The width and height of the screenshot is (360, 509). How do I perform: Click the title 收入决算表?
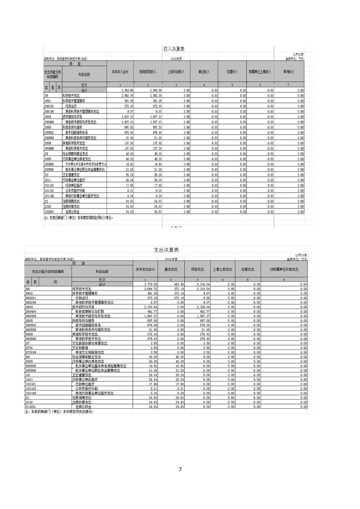point(174,49)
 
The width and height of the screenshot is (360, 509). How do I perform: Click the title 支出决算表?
point(166,250)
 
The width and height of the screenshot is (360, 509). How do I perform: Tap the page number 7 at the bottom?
point(180,469)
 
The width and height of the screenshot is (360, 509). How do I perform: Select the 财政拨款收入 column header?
point(148,72)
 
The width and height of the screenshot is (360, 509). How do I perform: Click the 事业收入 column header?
point(204,72)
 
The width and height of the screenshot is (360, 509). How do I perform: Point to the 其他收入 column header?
point(289,72)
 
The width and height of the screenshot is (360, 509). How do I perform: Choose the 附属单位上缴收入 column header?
point(260,72)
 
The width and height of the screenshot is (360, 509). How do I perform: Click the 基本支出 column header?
point(171,269)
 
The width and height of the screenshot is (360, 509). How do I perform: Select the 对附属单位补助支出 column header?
point(284,269)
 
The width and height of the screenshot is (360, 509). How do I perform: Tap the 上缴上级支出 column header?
point(223,269)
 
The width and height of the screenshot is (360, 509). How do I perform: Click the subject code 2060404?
point(31,311)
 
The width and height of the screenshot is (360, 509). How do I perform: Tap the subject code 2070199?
point(31,352)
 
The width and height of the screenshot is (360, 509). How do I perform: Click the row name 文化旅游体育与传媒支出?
point(90,343)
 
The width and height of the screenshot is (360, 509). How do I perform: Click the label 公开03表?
point(301,255)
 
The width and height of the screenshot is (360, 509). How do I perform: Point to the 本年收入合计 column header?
point(120,72)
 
